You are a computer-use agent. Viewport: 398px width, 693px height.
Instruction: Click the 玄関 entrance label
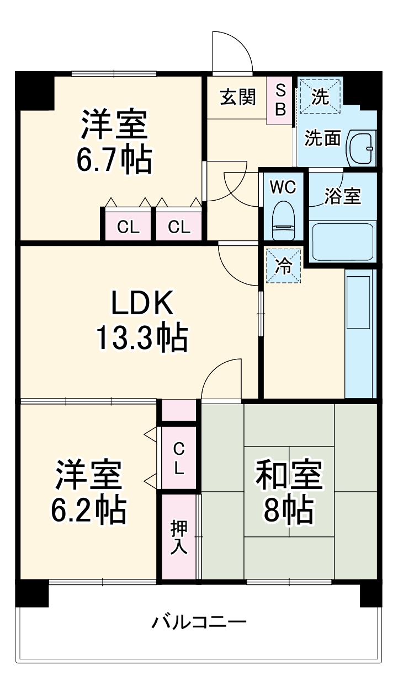pos(238,98)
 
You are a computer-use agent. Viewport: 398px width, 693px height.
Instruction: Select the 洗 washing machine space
pos(320,96)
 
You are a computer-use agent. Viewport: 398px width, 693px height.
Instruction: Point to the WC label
pos(283,187)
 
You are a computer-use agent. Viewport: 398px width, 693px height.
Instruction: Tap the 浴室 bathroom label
pos(342,197)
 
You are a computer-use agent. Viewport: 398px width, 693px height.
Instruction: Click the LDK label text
pos(142,303)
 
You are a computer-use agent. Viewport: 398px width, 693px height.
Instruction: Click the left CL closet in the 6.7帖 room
pos(128,227)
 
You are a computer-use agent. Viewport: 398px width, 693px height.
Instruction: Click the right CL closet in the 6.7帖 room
pos(179,227)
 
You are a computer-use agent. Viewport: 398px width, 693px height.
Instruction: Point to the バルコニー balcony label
pos(199,622)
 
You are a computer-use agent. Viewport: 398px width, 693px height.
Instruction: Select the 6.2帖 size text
pos(88,510)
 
